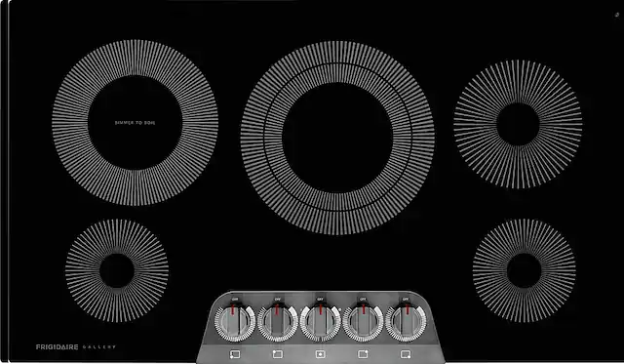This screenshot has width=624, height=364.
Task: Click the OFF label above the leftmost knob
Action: pos(235,297)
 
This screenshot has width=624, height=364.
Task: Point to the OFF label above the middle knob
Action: pos(321,297)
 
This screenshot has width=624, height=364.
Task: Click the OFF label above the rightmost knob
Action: pos(406,297)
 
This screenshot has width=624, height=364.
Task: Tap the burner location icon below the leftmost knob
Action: pos(235,350)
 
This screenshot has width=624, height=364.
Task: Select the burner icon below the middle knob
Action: pos(321,350)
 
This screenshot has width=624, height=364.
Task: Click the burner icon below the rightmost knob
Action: pos(406,350)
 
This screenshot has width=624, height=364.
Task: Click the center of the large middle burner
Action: pos(337,139)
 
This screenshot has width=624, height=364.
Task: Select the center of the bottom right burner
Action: pos(524,269)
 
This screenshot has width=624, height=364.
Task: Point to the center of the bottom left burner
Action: pos(117,270)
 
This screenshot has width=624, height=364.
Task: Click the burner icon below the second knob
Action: pos(278,350)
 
